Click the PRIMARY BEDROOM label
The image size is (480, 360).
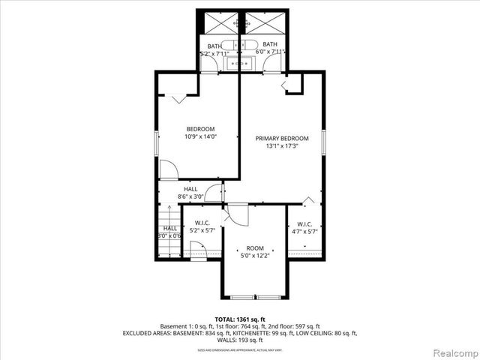(x=282, y=139)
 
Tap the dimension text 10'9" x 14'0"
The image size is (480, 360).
(x=200, y=136)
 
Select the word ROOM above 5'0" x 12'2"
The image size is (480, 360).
(x=256, y=248)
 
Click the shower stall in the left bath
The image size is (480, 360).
(x=218, y=24)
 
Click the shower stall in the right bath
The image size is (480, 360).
(x=262, y=24)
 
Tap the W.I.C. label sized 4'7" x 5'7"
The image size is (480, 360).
(x=304, y=224)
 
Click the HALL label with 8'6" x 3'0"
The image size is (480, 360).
(x=190, y=189)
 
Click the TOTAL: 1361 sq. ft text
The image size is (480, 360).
(x=239, y=319)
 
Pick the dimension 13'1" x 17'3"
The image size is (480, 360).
(x=282, y=146)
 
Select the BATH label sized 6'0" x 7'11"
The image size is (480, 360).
(x=269, y=45)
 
